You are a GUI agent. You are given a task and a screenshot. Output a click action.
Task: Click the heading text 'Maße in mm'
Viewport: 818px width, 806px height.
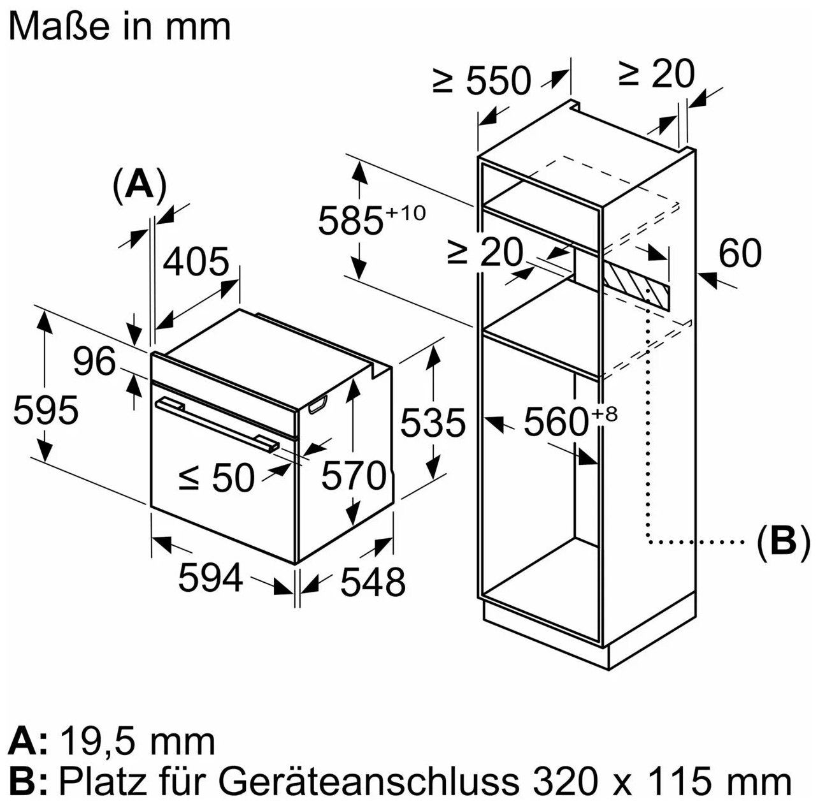pyautogui.click(x=119, y=27)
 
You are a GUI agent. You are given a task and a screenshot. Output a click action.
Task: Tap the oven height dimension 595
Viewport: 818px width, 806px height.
pyautogui.click(x=46, y=410)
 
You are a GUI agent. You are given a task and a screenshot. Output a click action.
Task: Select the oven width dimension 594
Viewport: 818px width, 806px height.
pyautogui.click(x=210, y=578)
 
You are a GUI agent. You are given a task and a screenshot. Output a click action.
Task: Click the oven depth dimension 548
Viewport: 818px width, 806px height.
pyautogui.click(x=373, y=582)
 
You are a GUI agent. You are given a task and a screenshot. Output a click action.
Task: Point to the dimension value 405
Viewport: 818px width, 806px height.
pyautogui.click(x=196, y=261)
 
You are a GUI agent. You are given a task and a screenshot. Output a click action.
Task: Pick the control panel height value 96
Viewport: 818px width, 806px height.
pyautogui.click(x=94, y=362)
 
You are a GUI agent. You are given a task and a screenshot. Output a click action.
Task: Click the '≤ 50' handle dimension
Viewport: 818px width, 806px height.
pyautogui.click(x=217, y=478)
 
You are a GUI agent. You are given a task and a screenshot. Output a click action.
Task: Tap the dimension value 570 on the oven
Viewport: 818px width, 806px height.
pyautogui.click(x=354, y=475)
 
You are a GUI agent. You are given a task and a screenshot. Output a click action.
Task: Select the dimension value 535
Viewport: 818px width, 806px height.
pyautogui.click(x=433, y=423)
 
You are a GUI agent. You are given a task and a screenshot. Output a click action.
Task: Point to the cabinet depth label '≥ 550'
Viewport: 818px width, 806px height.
pyautogui.click(x=482, y=80)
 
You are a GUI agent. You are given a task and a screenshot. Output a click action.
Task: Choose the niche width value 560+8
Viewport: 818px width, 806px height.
pyautogui.click(x=570, y=421)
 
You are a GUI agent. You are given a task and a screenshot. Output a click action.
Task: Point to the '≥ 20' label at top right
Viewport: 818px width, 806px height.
pyautogui.click(x=656, y=74)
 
